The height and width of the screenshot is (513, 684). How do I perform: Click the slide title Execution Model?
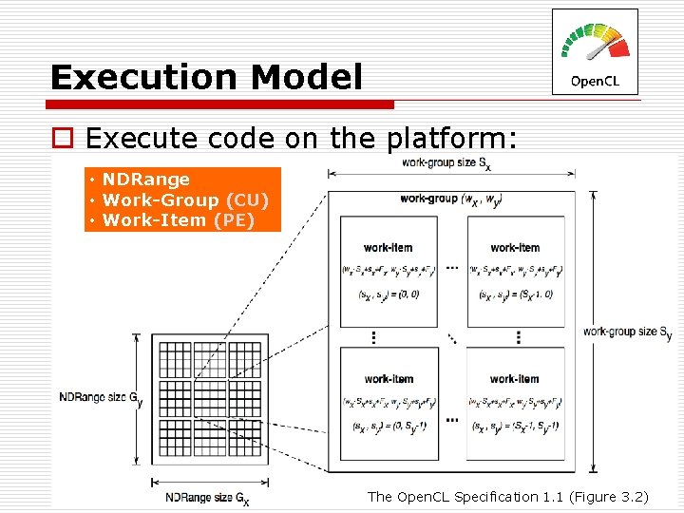(x=206, y=77)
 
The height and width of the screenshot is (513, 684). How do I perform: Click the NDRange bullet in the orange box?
(x=146, y=180)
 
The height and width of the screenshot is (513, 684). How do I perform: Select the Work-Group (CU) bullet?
(x=185, y=199)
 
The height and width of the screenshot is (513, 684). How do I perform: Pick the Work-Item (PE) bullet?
(x=179, y=220)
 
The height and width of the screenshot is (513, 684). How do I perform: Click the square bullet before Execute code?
(x=62, y=140)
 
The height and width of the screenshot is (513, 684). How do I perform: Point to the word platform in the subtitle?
(x=451, y=139)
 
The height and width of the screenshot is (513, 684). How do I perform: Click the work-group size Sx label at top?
(x=446, y=163)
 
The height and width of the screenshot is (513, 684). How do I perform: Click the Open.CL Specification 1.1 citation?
(x=507, y=496)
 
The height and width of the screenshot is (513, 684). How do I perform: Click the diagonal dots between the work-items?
(x=451, y=337)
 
